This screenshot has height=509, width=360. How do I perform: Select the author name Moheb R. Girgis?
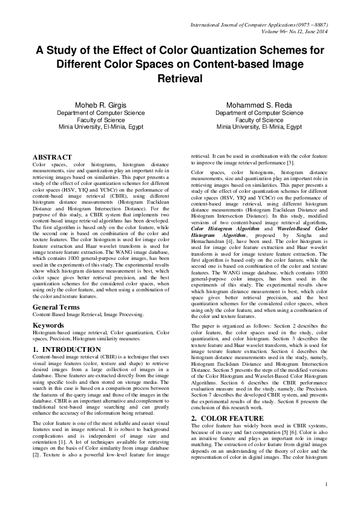(94, 104)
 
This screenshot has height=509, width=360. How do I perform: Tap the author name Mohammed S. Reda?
(260, 104)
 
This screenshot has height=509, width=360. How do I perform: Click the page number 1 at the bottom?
(326, 501)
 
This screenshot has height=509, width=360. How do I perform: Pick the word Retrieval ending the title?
(180, 79)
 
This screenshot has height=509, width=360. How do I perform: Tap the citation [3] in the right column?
(291, 163)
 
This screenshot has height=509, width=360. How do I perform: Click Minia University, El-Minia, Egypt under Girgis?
(94, 128)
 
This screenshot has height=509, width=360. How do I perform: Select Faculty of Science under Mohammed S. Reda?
(260, 120)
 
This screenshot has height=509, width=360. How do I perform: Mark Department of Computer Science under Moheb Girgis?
(94, 112)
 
